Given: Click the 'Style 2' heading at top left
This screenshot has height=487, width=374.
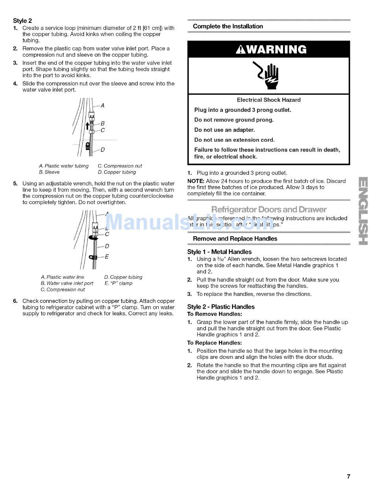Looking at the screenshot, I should coord(22,20).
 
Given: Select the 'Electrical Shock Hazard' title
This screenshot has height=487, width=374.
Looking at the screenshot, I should coord(269,100).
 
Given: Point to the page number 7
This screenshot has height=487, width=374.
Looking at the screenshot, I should coord(348,477).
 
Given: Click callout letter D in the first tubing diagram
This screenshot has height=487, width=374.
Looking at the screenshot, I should coord(103,150).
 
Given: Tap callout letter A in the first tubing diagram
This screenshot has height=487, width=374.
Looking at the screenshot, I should coord(103,106).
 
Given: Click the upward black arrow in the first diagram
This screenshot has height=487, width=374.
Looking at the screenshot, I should coord(87,126).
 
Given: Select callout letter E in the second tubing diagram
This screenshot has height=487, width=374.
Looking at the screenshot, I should coord(107,257).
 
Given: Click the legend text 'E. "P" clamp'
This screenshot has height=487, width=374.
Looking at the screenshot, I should coord(118,283).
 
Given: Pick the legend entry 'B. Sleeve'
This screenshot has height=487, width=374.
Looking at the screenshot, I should coord(49,172).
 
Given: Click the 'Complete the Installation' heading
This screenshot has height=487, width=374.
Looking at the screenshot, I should coord(228,26).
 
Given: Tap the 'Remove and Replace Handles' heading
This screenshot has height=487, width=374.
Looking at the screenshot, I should coord(235,239).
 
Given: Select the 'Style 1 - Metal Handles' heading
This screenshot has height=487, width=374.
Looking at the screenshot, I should coord(219,252).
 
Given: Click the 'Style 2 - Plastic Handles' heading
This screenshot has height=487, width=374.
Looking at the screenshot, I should coord(221,307).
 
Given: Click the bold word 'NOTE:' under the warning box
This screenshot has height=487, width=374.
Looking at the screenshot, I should coord(196,181).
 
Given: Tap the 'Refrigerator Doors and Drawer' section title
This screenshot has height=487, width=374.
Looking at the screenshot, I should coord(269,209).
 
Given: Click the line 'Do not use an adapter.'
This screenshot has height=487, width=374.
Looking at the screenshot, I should coord(224,130).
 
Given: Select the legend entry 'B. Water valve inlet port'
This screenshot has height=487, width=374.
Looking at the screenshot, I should coord(67,283).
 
